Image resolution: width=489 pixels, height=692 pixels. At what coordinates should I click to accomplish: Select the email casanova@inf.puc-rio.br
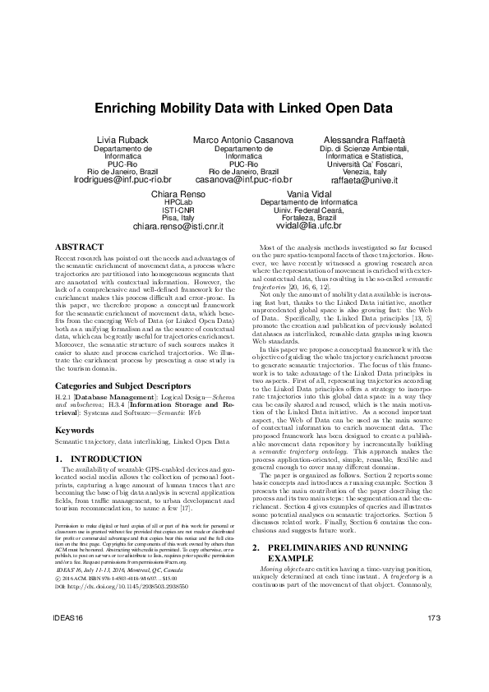244,178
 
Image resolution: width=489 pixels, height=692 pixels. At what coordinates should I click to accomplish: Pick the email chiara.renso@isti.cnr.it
178,225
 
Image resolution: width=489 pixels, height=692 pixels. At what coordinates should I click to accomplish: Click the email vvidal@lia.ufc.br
309,225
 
